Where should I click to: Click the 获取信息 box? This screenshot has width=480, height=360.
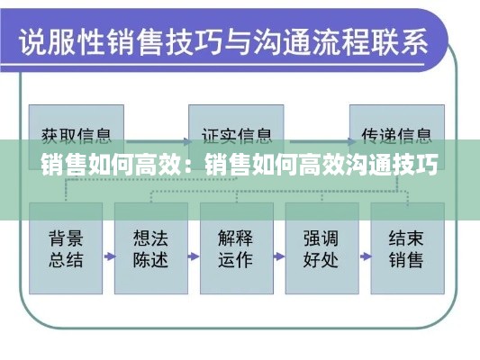coord(77,137)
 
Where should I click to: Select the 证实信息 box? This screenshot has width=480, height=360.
coord(236,137)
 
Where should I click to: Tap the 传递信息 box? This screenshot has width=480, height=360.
coord(397,137)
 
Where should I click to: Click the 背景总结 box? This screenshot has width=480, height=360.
coord(66,248)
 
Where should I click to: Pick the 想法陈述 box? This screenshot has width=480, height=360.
coord(151,248)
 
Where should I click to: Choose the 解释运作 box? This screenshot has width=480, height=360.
coord(237,248)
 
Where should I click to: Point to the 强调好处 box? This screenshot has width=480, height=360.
coord(322,248)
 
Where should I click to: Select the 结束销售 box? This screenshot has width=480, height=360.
coord(407,248)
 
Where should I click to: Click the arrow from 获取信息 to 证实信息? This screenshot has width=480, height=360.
coord(158,141)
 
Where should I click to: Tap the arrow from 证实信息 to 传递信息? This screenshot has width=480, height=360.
coord(322,141)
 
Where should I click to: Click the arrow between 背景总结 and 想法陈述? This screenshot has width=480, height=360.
coord(109,256)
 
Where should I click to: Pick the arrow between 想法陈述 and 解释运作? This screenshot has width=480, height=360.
coord(194,256)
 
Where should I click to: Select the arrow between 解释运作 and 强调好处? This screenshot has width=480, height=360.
coord(279,256)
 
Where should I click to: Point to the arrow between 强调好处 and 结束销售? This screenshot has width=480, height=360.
coord(366,256)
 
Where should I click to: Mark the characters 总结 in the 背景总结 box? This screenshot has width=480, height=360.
coord(66,260)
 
